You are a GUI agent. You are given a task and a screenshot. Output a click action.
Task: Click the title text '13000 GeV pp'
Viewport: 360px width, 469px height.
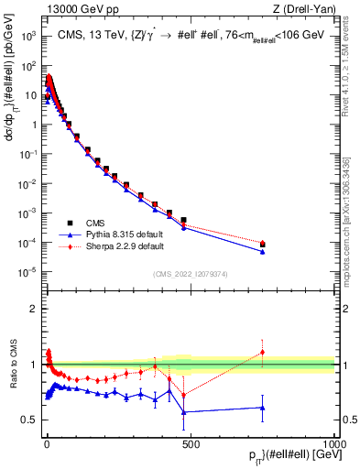click(71, 8)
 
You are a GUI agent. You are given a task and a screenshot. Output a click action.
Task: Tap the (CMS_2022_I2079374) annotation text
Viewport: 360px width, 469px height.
click(190, 273)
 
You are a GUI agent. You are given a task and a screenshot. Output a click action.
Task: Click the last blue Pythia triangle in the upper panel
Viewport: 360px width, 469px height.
click(263, 252)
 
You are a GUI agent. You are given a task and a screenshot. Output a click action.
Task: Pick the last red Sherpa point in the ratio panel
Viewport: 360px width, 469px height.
click(263, 353)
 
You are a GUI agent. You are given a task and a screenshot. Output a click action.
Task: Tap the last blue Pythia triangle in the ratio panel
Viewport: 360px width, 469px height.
click(263, 408)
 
